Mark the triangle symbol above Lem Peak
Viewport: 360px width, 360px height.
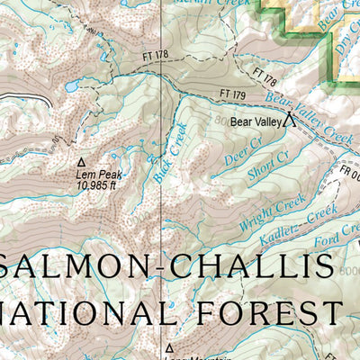pos(80,162)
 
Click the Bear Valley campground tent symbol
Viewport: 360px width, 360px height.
pos(290,118)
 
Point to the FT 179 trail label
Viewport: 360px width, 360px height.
pos(232,94)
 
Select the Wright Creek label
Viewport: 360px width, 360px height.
pos(260,215)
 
